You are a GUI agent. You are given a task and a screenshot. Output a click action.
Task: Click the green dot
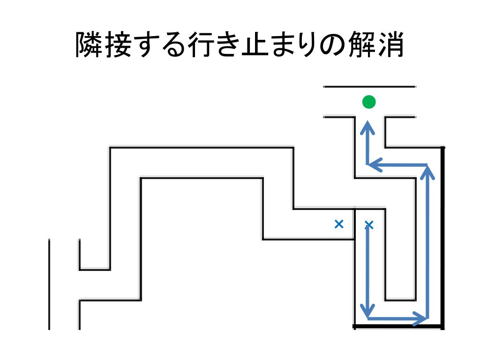(x=369, y=102)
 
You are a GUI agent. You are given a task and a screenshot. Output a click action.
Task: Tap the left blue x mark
(x=339, y=225)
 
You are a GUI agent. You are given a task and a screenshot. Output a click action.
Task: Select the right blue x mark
(x=369, y=225)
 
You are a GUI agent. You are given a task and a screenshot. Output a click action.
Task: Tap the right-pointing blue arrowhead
(x=422, y=319)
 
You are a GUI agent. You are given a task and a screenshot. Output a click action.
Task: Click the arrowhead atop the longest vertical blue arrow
(x=427, y=171)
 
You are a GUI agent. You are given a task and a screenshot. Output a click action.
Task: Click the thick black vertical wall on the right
(x=442, y=234)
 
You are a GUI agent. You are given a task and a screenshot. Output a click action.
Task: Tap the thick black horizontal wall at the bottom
(x=398, y=326)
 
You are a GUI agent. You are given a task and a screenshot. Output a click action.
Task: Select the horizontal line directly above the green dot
(x=369, y=87)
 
